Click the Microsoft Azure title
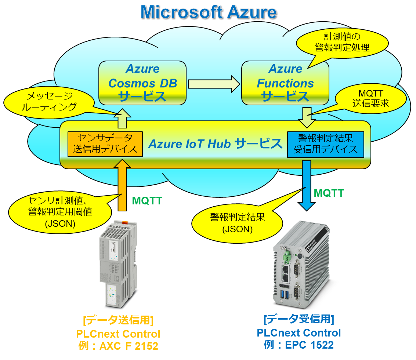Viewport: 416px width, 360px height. point(208,12)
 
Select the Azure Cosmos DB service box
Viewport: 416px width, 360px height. point(142,83)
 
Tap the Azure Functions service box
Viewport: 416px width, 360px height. point(285,83)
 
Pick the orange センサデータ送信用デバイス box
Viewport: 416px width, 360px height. point(105,143)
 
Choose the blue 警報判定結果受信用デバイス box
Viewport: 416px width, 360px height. point(325,144)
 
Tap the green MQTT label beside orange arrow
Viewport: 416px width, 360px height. point(147,201)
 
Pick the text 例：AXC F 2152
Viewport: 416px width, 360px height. point(118,346)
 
